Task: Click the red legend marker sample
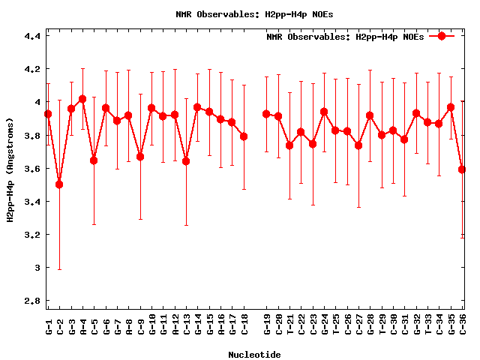coord(442,36)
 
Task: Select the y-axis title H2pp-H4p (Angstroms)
coord(10,170)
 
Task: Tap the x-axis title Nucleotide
coord(255,355)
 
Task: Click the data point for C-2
coord(59,184)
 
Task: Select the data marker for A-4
coord(82,99)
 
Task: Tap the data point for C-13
coord(186,161)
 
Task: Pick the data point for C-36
coord(462,169)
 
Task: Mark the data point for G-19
coord(266,114)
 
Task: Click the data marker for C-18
coord(244,136)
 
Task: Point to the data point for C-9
coord(140,157)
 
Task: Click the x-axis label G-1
coord(49,325)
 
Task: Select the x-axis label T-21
coord(289,325)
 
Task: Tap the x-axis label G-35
coord(451,325)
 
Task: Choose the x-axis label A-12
coord(175,325)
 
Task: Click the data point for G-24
coord(324,112)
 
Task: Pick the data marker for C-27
coord(358,145)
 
